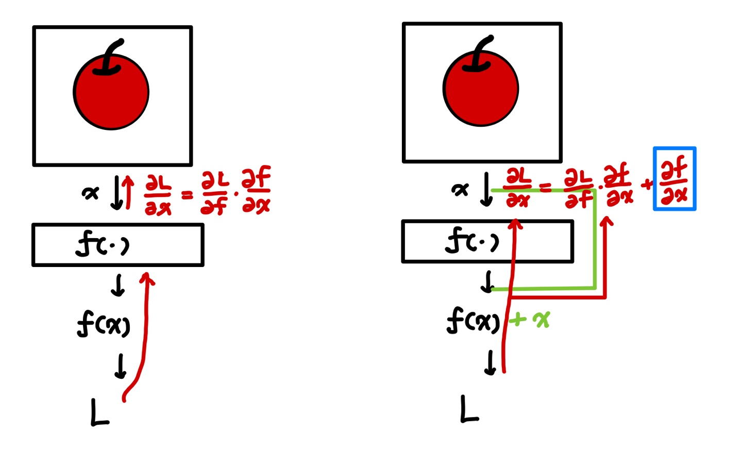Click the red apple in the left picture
tap(111, 95)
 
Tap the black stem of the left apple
tap(111, 57)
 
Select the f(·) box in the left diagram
tap(117, 245)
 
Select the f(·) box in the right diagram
tap(487, 241)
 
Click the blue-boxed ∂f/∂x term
tap(674, 179)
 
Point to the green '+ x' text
tap(530, 320)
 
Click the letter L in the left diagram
tap(99, 412)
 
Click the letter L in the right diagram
tap(468, 409)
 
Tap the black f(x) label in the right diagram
tap(473, 321)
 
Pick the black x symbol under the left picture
tap(90, 193)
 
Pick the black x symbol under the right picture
tap(460, 190)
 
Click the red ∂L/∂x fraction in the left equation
tap(158, 195)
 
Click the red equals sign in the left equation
tap(187, 195)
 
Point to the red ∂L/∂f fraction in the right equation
tap(579, 189)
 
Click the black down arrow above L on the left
tap(121, 366)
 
